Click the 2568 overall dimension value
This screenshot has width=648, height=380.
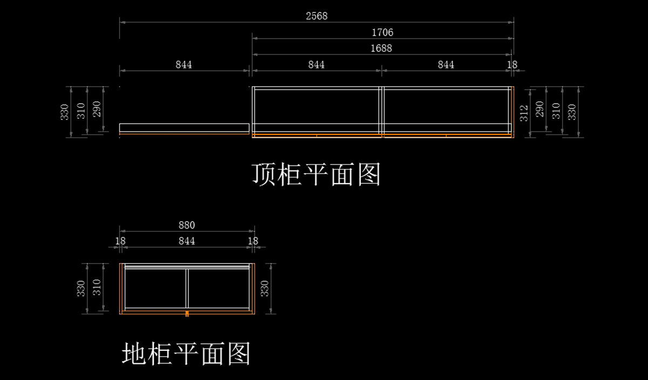[x=316, y=16]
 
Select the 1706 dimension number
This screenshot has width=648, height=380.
[x=382, y=32]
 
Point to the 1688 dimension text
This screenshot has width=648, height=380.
[x=381, y=48]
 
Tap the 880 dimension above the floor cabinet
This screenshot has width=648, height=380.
[x=186, y=225]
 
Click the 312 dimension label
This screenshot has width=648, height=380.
[x=523, y=113]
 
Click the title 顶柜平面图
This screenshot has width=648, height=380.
[x=316, y=174]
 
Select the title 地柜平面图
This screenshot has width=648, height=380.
[x=186, y=354]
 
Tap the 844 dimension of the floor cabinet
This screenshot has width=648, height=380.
[x=186, y=241]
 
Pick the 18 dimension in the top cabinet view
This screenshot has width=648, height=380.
[x=512, y=65]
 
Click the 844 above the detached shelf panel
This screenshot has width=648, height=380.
[x=184, y=65]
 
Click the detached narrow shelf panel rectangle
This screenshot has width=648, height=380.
[x=184, y=128]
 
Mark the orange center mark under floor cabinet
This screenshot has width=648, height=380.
[x=187, y=313]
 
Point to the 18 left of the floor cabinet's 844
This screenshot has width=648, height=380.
[x=120, y=241]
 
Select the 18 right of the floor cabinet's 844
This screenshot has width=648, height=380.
[x=253, y=241]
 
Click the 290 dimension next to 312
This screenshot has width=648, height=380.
[x=539, y=111]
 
